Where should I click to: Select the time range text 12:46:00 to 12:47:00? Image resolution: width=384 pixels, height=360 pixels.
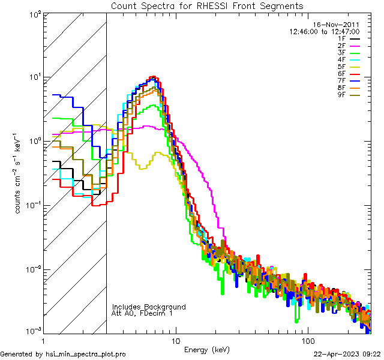324,31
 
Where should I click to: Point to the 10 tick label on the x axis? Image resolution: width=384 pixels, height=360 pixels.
175,340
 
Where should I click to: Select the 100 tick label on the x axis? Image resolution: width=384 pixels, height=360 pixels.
308,340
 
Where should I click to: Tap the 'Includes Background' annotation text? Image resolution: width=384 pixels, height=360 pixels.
149,307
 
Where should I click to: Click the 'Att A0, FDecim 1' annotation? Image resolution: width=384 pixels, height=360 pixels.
143,313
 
